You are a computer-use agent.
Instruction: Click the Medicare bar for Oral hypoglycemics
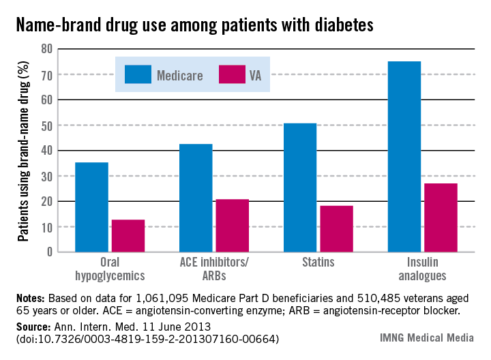tap(91, 207)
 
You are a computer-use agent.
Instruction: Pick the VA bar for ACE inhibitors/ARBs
tap(233, 226)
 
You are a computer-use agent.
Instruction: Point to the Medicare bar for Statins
tap(300, 187)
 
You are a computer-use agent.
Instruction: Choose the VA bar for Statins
tap(337, 228)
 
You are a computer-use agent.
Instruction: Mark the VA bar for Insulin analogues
tap(441, 217)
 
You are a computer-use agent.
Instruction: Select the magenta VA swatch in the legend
tap(232, 74)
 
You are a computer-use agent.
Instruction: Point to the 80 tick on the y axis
tap(47, 49)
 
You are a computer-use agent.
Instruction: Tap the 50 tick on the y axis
tap(47, 125)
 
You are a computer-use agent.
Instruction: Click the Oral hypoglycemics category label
tap(110, 270)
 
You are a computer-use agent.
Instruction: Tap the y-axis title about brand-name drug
tap(23, 151)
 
